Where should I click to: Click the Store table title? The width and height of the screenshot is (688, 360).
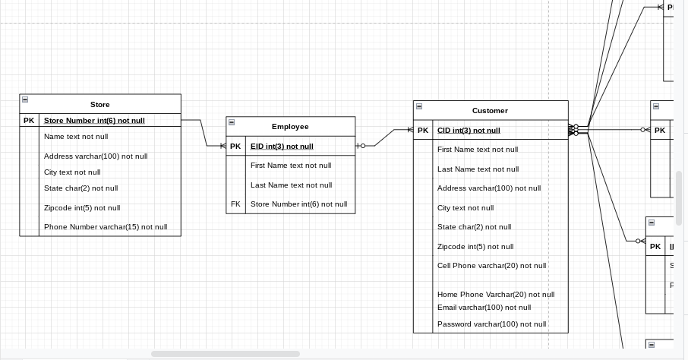[99, 105]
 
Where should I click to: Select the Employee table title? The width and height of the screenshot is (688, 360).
[290, 127]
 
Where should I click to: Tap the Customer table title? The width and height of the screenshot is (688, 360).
[490, 111]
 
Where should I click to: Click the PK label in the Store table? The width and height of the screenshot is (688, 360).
[29, 121]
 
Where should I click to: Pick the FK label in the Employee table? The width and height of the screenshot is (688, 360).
[235, 204]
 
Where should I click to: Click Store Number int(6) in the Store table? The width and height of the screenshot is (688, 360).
[94, 121]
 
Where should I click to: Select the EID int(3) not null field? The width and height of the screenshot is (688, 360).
[282, 147]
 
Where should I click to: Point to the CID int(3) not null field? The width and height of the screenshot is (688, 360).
[469, 131]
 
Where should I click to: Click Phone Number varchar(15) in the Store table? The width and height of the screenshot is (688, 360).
[106, 227]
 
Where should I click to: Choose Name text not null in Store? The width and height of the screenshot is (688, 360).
[76, 137]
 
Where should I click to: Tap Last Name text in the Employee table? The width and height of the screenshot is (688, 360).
[291, 185]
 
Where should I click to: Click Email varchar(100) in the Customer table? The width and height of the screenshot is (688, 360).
[484, 308]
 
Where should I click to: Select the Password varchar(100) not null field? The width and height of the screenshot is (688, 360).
[491, 324]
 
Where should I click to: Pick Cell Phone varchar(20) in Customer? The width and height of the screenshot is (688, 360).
[491, 266]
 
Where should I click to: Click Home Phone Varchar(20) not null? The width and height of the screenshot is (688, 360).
[495, 295]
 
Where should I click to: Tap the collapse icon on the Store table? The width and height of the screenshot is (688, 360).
[25, 99]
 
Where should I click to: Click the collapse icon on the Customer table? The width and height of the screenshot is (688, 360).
[419, 106]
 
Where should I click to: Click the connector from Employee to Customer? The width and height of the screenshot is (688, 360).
[386, 137]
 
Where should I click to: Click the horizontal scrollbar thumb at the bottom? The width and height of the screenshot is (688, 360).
[225, 354]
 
